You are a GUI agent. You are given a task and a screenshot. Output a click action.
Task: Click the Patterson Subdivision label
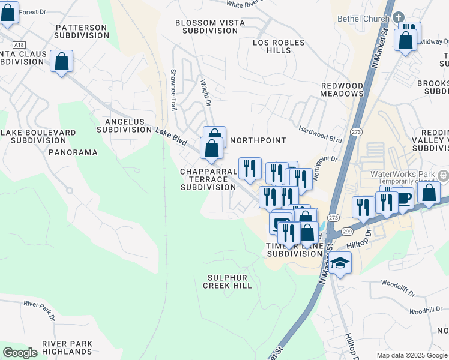click(80, 31)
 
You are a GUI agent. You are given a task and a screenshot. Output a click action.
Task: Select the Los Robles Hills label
click(279, 46)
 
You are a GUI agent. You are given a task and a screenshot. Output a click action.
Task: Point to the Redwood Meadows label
click(342, 90)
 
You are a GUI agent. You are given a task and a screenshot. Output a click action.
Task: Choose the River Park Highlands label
click(67, 347)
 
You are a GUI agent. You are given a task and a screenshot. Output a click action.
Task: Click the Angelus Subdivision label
click(124, 125)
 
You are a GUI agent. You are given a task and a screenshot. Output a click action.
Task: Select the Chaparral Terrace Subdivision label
click(208, 179)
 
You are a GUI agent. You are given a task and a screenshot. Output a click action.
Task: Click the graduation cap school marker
click(340, 264)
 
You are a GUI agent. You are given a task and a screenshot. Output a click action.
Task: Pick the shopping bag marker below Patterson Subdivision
click(61, 61)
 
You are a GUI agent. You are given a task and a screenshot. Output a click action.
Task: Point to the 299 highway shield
click(347, 231)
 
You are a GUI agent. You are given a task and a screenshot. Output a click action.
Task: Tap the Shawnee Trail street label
click(173, 90)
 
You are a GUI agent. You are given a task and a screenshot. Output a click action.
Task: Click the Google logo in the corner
click(20, 353)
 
